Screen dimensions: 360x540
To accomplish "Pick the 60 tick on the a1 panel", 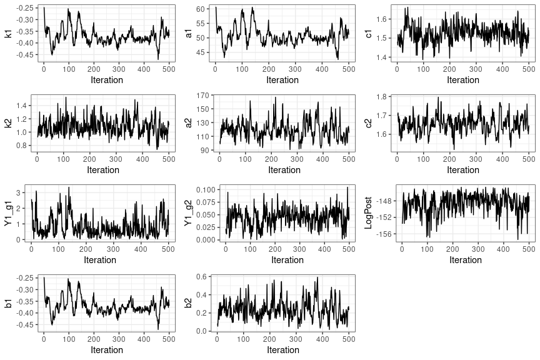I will click(201, 9).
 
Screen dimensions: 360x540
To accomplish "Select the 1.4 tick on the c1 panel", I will click(382, 57).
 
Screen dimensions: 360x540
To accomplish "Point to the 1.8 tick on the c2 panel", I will click(383, 96).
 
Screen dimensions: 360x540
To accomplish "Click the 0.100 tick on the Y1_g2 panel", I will click(205, 189).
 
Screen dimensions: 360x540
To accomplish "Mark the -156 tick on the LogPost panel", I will click(385, 234).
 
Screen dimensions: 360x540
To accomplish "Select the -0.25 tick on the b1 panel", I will click(24, 278).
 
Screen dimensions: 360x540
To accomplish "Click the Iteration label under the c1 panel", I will click(463, 80).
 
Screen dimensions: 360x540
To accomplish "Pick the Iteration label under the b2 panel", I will click(283, 350).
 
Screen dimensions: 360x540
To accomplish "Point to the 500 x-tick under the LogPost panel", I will click(529, 249).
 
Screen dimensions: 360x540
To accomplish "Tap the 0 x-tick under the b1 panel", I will click(44, 339).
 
